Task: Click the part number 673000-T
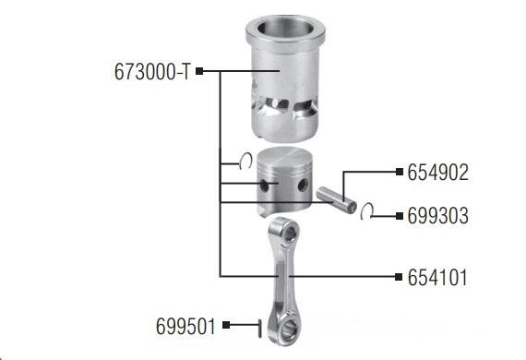[x=152, y=71]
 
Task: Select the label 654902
[x=437, y=173]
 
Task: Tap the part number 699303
[x=437, y=215]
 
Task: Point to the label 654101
[x=437, y=278]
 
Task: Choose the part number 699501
[x=185, y=326]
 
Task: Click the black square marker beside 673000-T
[x=199, y=71]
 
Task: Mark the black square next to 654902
[x=400, y=172]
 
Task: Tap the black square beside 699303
[x=400, y=216]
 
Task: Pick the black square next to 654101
[x=399, y=277]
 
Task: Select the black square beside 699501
[x=226, y=325]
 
